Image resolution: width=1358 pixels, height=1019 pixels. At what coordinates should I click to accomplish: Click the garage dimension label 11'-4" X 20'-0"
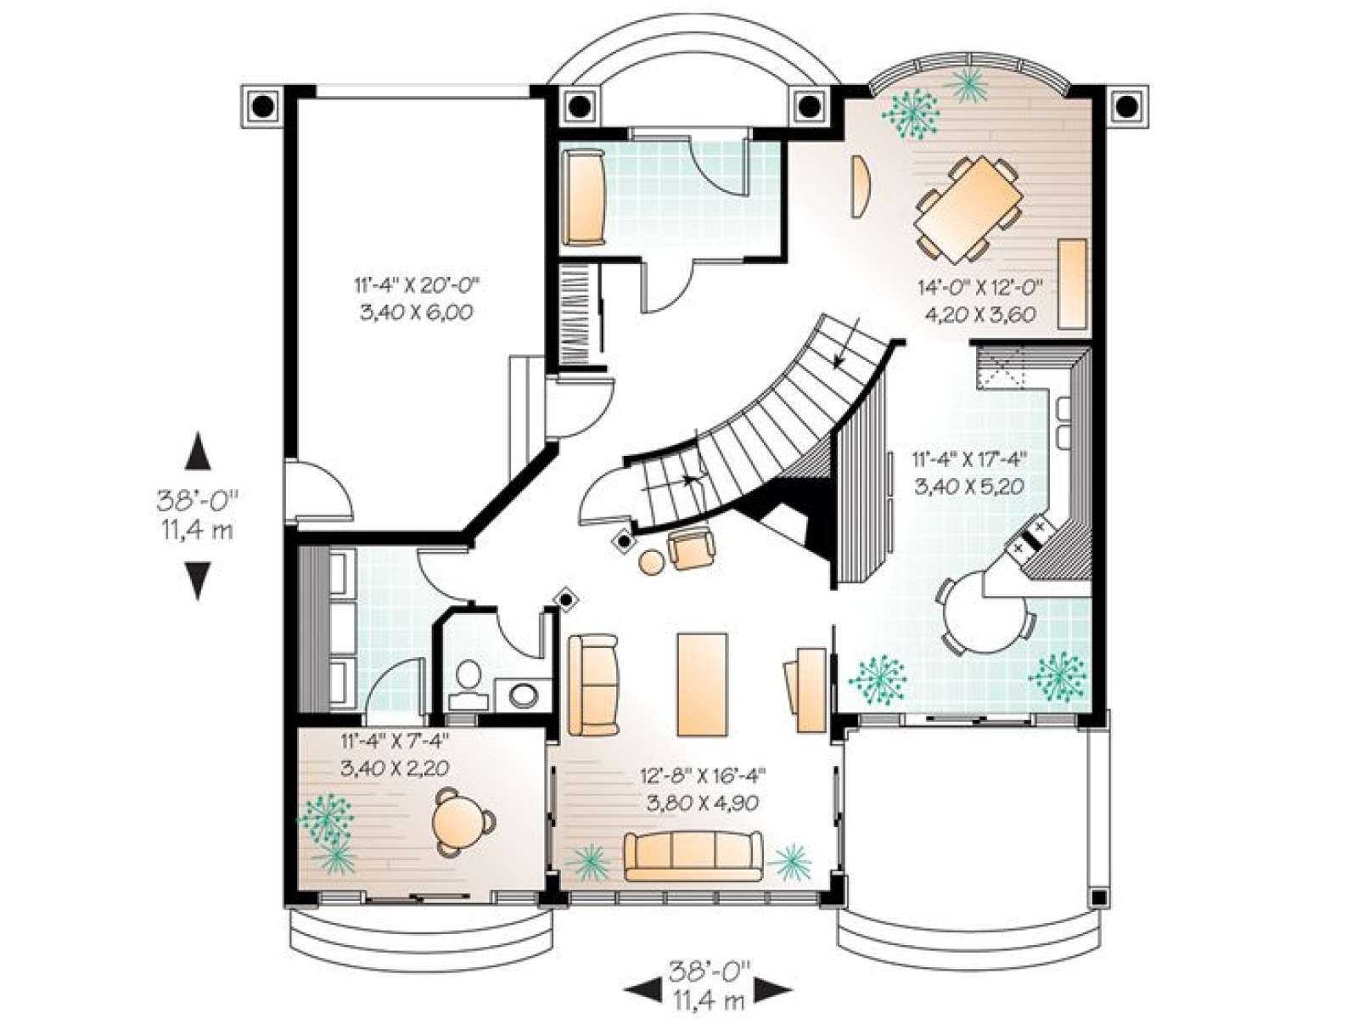[x=417, y=285]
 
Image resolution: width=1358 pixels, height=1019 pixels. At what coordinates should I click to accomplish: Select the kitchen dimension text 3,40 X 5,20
[x=968, y=487]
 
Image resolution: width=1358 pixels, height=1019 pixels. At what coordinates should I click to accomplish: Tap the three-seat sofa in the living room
[x=693, y=856]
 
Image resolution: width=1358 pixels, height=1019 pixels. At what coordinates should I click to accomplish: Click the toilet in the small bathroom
[x=469, y=683]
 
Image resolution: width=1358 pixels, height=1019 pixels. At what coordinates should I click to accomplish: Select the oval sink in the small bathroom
[x=525, y=694]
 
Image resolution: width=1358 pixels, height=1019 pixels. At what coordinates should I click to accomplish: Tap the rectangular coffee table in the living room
[x=702, y=684]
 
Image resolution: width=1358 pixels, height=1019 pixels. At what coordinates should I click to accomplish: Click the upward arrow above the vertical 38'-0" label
[x=199, y=450]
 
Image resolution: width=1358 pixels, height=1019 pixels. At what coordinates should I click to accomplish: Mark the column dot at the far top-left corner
[x=263, y=106]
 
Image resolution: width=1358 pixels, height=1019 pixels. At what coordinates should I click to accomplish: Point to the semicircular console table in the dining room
[x=860, y=186]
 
